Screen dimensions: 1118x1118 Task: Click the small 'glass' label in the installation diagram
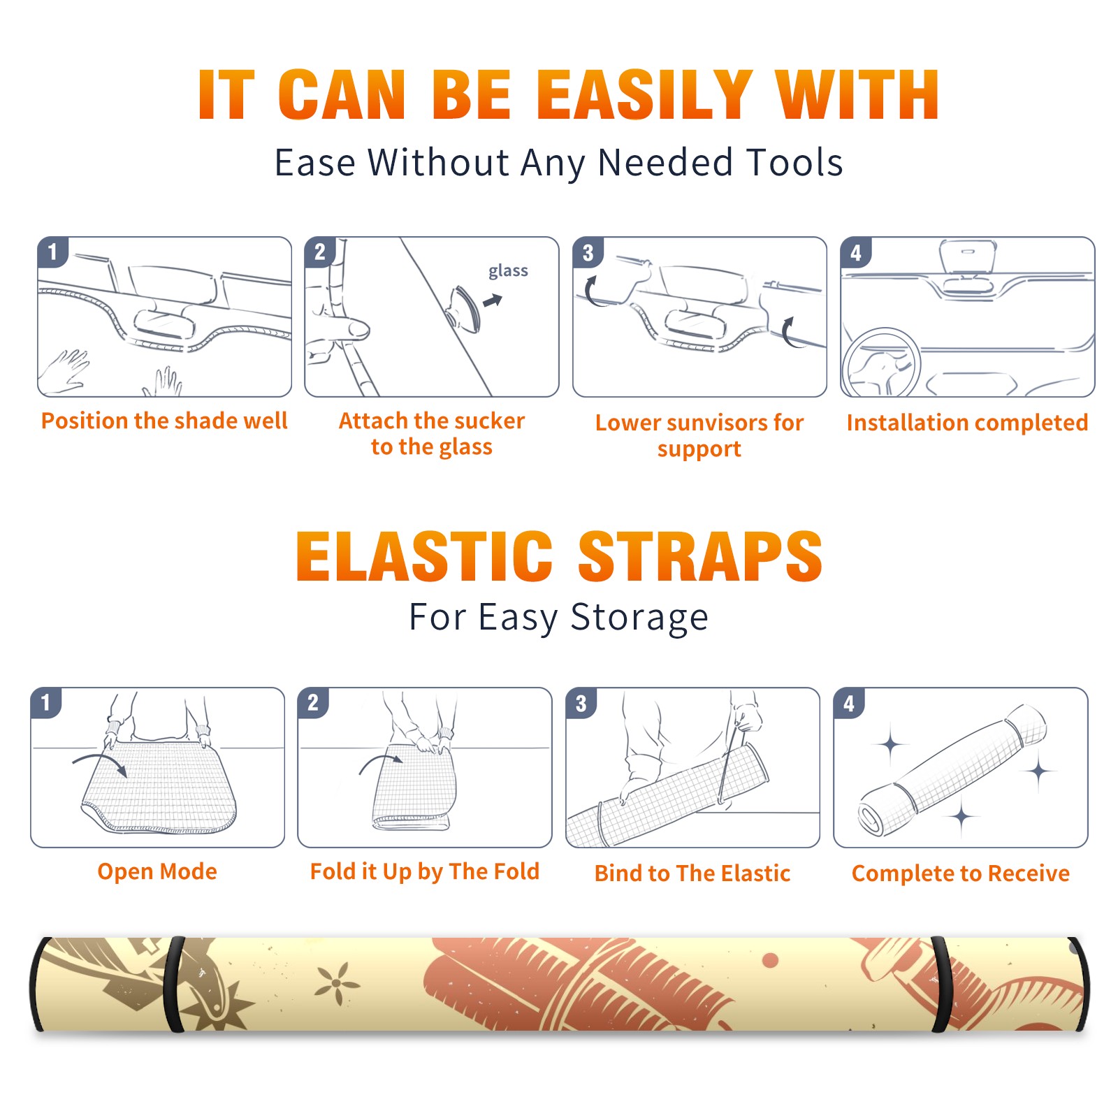click(508, 271)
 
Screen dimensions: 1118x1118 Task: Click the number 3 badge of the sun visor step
click(588, 253)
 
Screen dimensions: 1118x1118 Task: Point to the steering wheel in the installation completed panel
click(881, 363)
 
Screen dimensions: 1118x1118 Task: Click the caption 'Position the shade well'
click(164, 421)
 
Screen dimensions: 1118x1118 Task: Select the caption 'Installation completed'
click(967, 423)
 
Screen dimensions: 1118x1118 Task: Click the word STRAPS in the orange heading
click(700, 556)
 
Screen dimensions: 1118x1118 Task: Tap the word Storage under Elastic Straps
click(639, 618)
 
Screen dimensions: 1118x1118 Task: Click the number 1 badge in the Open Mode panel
click(46, 702)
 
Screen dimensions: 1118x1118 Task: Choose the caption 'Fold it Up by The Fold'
click(425, 872)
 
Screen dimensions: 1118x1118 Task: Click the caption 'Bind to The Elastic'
click(692, 873)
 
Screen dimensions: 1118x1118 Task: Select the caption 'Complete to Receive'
click(961, 873)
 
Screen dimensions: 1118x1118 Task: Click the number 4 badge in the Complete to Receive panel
click(849, 703)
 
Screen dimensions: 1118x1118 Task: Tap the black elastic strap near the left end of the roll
click(175, 985)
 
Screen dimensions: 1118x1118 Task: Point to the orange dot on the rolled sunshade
click(771, 961)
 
